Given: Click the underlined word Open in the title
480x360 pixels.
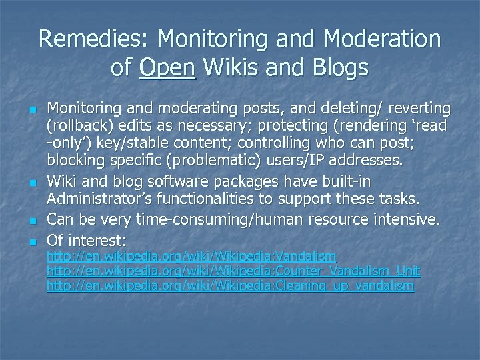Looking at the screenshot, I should click(x=167, y=67).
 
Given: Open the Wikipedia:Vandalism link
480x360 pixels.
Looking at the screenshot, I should click(x=191, y=257).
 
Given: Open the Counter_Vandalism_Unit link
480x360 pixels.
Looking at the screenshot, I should click(x=233, y=271).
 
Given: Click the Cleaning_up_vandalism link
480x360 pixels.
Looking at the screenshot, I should click(x=230, y=286).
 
